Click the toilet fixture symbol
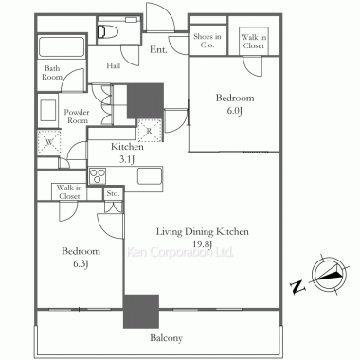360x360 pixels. point(108,31)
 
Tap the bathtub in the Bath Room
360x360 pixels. point(62,46)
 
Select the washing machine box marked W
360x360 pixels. point(49,142)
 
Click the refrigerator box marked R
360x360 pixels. point(150,131)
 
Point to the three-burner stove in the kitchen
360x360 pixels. point(98,176)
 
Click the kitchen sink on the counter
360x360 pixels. point(150,176)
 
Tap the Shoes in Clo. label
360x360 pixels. point(207,41)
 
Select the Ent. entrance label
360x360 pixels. point(158,49)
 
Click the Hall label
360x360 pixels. point(113,65)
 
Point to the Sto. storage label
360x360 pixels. point(113,193)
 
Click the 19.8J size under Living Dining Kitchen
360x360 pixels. point(203,243)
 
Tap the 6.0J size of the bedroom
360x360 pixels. point(234,111)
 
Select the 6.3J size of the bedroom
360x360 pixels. point(81,263)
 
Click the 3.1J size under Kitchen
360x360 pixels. point(127,160)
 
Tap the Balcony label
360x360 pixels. point(166,338)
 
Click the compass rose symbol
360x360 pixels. point(330,274)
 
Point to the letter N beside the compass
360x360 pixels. point(297,287)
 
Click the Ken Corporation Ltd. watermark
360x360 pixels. point(180,252)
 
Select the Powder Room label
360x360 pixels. point(77,117)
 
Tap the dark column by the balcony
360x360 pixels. point(141,312)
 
